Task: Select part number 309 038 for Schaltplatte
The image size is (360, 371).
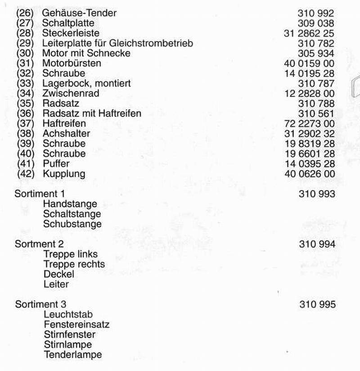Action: (316, 23)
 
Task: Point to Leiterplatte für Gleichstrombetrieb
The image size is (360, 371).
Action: (117, 43)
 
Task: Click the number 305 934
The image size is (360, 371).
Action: (316, 53)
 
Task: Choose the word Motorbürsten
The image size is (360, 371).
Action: (72, 63)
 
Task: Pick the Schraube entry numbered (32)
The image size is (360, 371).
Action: (63, 73)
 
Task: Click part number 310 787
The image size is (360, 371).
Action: (316, 83)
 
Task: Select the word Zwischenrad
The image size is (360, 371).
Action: (71, 93)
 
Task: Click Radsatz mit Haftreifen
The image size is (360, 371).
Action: (92, 113)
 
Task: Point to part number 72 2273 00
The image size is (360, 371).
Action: (310, 123)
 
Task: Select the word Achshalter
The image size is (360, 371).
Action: (66, 133)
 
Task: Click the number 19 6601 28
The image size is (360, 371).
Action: (310, 154)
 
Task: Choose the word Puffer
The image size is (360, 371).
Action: (56, 163)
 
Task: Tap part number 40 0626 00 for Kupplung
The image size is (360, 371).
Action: (310, 174)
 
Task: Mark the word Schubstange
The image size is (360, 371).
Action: (72, 224)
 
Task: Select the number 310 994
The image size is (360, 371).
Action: (317, 244)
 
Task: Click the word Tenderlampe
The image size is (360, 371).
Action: (73, 354)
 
